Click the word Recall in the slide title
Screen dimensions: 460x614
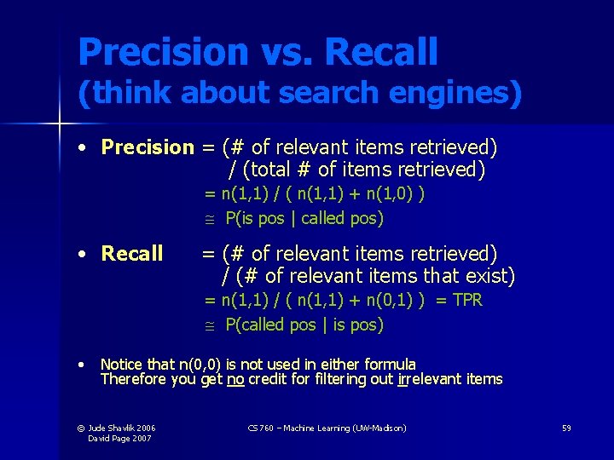380,53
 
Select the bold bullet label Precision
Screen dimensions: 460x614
148,147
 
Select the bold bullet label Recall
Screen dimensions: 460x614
131,254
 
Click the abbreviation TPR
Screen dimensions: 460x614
467,300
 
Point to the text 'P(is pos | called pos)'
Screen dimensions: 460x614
304,218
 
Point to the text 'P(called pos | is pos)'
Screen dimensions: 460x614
304,325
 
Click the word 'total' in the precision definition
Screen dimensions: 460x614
273,170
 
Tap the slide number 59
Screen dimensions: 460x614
566,428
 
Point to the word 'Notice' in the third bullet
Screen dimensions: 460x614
121,365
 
